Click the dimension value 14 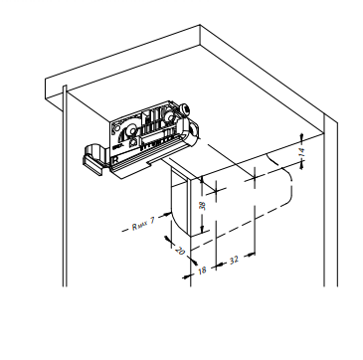[301, 152]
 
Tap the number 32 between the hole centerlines [234, 260]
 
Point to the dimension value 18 [202, 270]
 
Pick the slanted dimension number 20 [179, 251]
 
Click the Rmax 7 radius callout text [143, 225]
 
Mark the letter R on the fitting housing [115, 159]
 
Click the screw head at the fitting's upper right [185, 108]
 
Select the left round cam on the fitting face [132, 130]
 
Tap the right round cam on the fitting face [170, 116]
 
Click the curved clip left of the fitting [94, 158]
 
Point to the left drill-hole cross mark [216, 190]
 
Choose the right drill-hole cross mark [255, 178]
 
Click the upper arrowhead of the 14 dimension [301, 137]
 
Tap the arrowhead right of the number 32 [252, 255]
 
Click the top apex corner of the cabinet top [200, 25]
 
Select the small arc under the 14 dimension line [272, 159]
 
